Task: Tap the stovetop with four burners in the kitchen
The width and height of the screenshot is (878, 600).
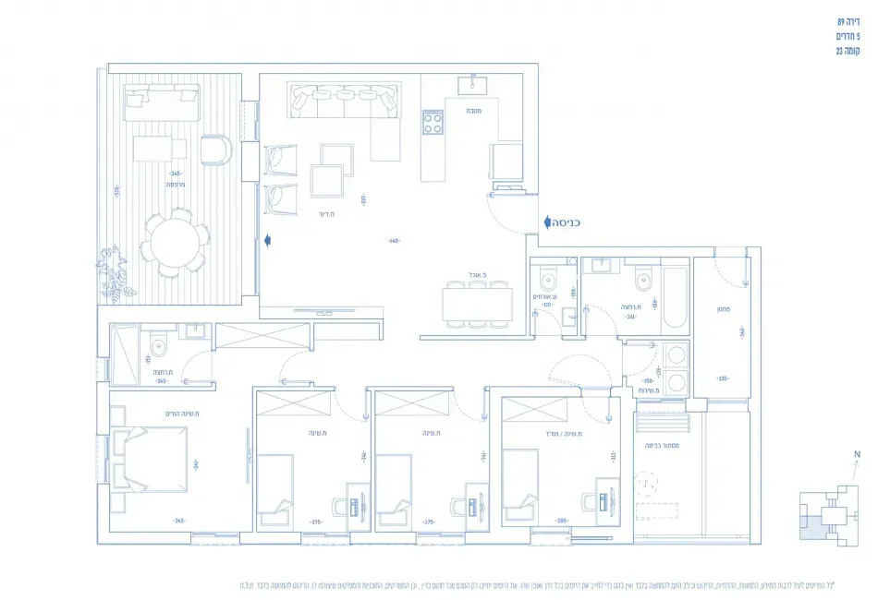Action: pyautogui.click(x=433, y=121)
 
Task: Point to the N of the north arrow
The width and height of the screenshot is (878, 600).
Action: pyautogui.click(x=857, y=454)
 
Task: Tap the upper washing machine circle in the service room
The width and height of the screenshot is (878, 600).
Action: pyautogui.click(x=677, y=354)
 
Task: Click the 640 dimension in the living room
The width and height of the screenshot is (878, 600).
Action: pyautogui.click(x=394, y=241)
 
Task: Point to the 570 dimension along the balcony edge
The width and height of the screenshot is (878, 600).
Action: pyautogui.click(x=117, y=191)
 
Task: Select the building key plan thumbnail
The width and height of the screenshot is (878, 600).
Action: pyautogui.click(x=829, y=513)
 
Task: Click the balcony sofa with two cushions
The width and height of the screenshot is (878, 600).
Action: pyautogui.click(x=161, y=100)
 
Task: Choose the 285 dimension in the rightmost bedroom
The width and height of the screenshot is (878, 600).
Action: pyautogui.click(x=561, y=522)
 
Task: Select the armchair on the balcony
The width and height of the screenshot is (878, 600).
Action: pyautogui.click(x=214, y=149)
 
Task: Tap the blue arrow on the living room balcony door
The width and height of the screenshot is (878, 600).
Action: pyautogui.click(x=268, y=240)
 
